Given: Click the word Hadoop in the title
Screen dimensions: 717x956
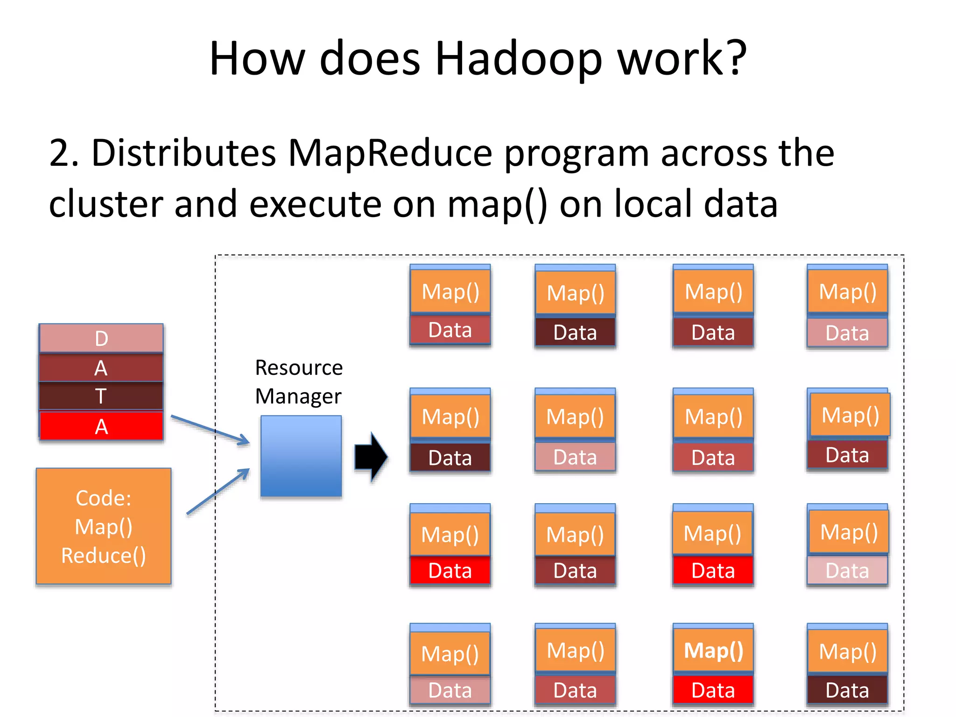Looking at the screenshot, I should click(518, 59).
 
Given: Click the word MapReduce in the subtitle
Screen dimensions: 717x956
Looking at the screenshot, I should click(390, 153).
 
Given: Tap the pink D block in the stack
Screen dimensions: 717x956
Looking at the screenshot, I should click(101, 338).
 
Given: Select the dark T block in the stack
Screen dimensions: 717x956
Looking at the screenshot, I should click(101, 396).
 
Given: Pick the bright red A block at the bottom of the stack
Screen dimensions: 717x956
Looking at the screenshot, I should click(101, 426).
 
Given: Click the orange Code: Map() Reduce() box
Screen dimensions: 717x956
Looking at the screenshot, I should click(104, 527).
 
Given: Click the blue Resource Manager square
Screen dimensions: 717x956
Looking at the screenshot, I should click(301, 456).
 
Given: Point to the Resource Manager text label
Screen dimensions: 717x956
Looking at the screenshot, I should click(299, 382).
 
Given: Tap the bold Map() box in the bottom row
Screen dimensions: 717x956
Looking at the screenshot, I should click(713, 651).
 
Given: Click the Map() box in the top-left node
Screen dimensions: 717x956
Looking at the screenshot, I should click(450, 292).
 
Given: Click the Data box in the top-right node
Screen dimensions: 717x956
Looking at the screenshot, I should click(847, 333).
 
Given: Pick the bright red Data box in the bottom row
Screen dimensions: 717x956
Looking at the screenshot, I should click(713, 690).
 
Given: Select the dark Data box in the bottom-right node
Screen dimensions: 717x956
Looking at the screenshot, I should click(847, 690).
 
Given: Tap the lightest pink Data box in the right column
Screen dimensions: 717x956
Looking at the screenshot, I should click(847, 570).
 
